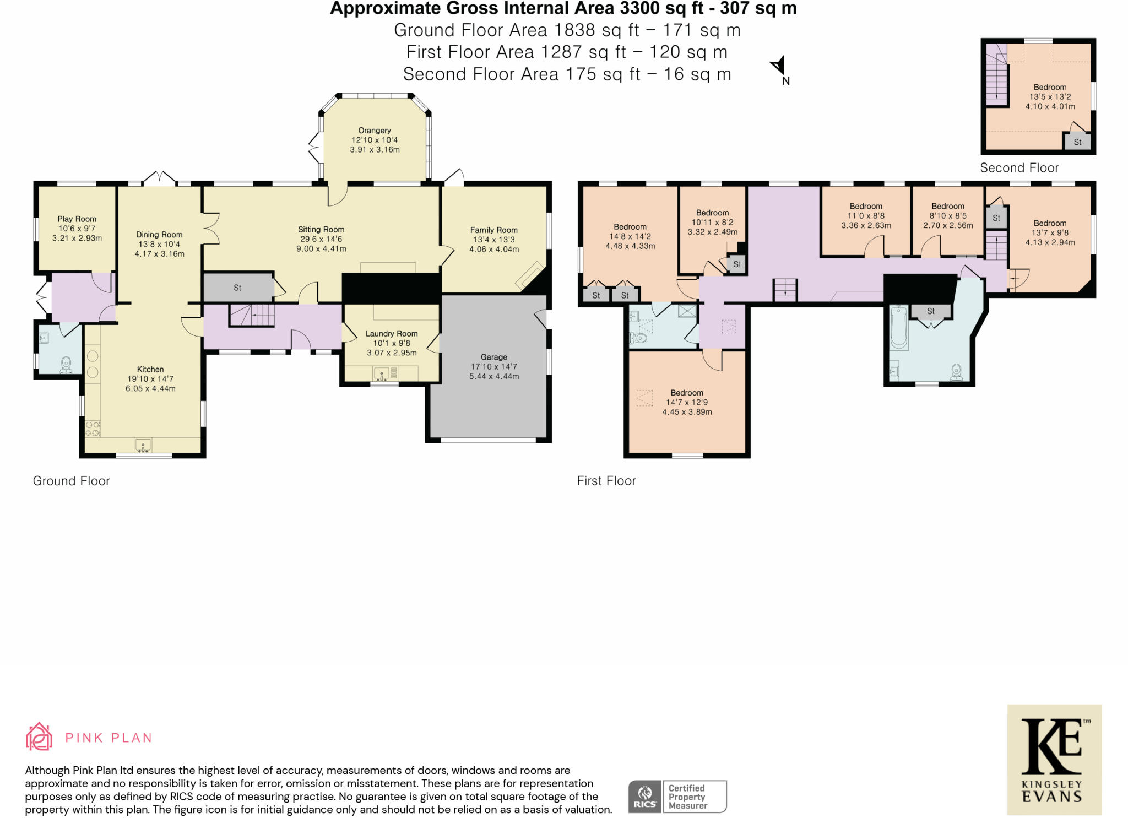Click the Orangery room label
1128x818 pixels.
pyautogui.click(x=375, y=131)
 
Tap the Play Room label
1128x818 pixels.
pyautogui.click(x=77, y=219)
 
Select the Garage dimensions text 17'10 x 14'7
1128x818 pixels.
pyautogui.click(x=494, y=366)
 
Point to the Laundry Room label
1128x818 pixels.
pyautogui.click(x=392, y=333)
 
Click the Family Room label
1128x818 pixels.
pyautogui.click(x=494, y=230)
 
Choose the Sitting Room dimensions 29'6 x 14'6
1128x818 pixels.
pyautogui.click(x=321, y=239)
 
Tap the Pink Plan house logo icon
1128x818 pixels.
pyautogui.click(x=39, y=736)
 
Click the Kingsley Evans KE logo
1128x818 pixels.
pyautogui.click(x=1054, y=760)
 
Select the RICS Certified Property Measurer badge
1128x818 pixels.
pyautogui.click(x=677, y=797)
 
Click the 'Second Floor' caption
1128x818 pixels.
pyautogui.click(x=1019, y=168)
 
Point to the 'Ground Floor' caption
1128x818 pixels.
pyautogui.click(x=72, y=481)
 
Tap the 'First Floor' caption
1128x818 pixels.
pyautogui.click(x=606, y=481)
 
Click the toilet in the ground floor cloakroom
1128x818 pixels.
pyautogui.click(x=67, y=365)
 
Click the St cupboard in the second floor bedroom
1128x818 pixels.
pyautogui.click(x=1077, y=142)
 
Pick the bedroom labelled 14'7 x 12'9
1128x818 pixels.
pyautogui.click(x=687, y=402)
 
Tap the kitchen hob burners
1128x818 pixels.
pyautogui.click(x=93, y=429)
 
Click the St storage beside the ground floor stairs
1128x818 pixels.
pyautogui.click(x=238, y=288)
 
